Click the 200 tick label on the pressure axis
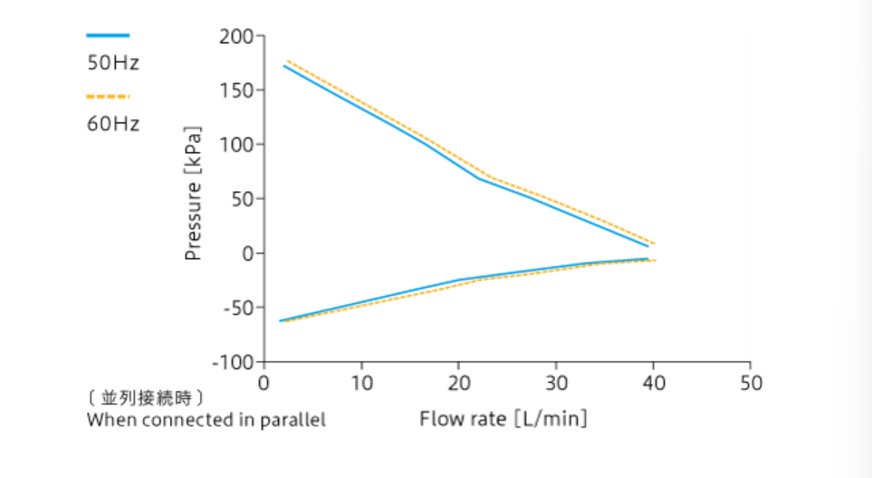click(238, 37)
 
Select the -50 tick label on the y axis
click(235, 308)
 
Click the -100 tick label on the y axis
click(232, 362)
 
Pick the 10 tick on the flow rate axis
click(361, 383)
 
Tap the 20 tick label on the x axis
click(459, 383)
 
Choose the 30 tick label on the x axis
click(556, 383)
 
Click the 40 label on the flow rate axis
click(654, 383)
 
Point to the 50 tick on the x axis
click(751, 383)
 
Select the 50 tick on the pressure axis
click(244, 199)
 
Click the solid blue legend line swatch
click(108, 35)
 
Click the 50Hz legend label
click(113, 63)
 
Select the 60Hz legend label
click(113, 124)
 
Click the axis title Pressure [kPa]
click(193, 194)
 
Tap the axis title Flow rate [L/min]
click(503, 418)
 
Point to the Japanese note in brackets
click(145, 398)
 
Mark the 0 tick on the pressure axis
click(248, 253)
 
